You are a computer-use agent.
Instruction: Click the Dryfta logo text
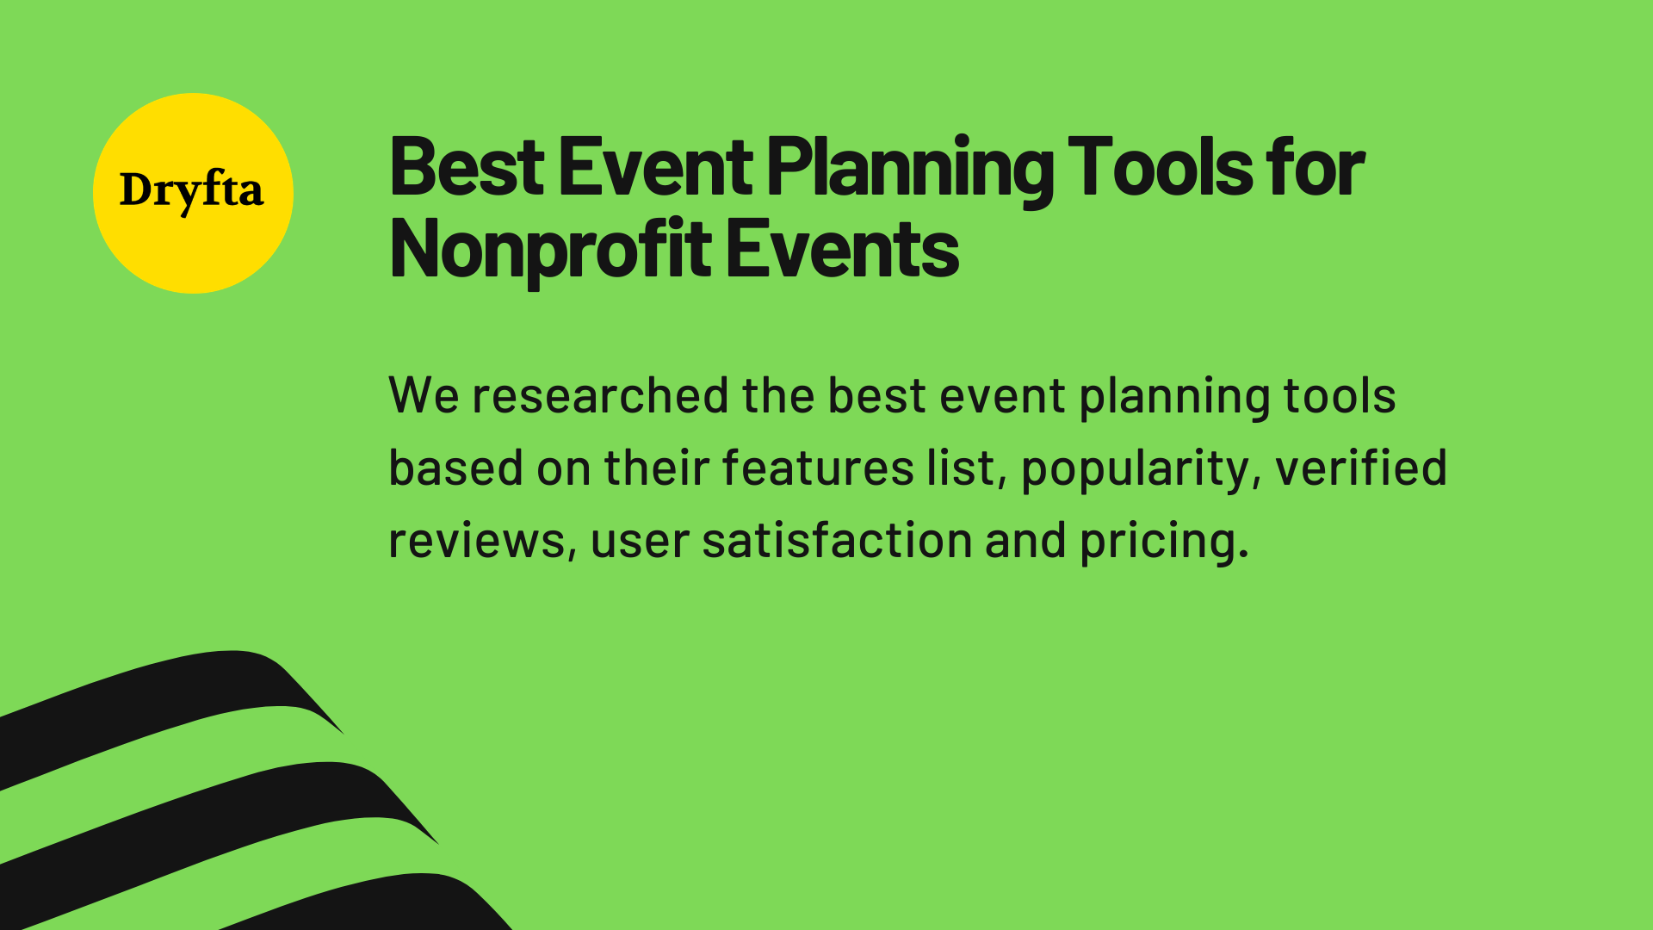pos(191,191)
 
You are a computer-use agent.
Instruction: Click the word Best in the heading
pos(466,168)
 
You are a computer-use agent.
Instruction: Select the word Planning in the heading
pos(909,170)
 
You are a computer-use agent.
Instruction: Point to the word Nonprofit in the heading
pos(550,251)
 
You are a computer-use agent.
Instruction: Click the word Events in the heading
pos(841,251)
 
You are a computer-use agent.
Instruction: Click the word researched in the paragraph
pos(600,396)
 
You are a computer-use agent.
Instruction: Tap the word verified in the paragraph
pos(1360,468)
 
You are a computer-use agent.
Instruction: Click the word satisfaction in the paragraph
pos(837,541)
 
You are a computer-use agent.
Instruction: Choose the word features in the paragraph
pos(817,468)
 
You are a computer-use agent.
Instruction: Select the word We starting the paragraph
pos(423,396)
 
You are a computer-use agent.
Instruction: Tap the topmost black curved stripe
pos(172,697)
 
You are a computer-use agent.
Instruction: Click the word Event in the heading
pos(655,168)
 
